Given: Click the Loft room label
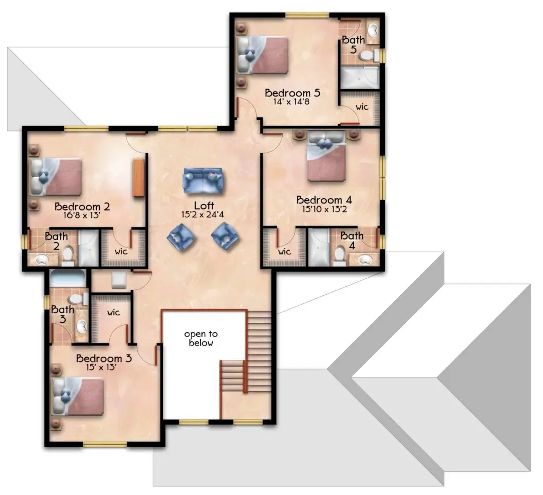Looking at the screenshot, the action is (204, 206).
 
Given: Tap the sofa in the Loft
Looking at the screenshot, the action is (203, 181).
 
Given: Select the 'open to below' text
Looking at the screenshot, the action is (201, 338).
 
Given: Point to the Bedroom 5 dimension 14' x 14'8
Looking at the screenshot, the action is (291, 102).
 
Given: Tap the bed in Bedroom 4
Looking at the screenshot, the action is (327, 156).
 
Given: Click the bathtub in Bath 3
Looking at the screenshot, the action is (67, 279).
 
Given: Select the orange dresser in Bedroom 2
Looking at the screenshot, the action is (138, 178).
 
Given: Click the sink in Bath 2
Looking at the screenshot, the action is (41, 259).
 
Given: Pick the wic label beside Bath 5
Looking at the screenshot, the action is (362, 107).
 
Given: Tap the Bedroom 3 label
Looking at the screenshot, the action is (104, 358).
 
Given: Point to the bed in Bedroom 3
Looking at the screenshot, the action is (77, 397).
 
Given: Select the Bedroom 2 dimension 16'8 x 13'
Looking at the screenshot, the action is (82, 215).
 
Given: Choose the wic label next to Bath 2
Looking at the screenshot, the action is (121, 251).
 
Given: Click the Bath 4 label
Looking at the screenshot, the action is (352, 240).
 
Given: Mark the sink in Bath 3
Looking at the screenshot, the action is (82, 325).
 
